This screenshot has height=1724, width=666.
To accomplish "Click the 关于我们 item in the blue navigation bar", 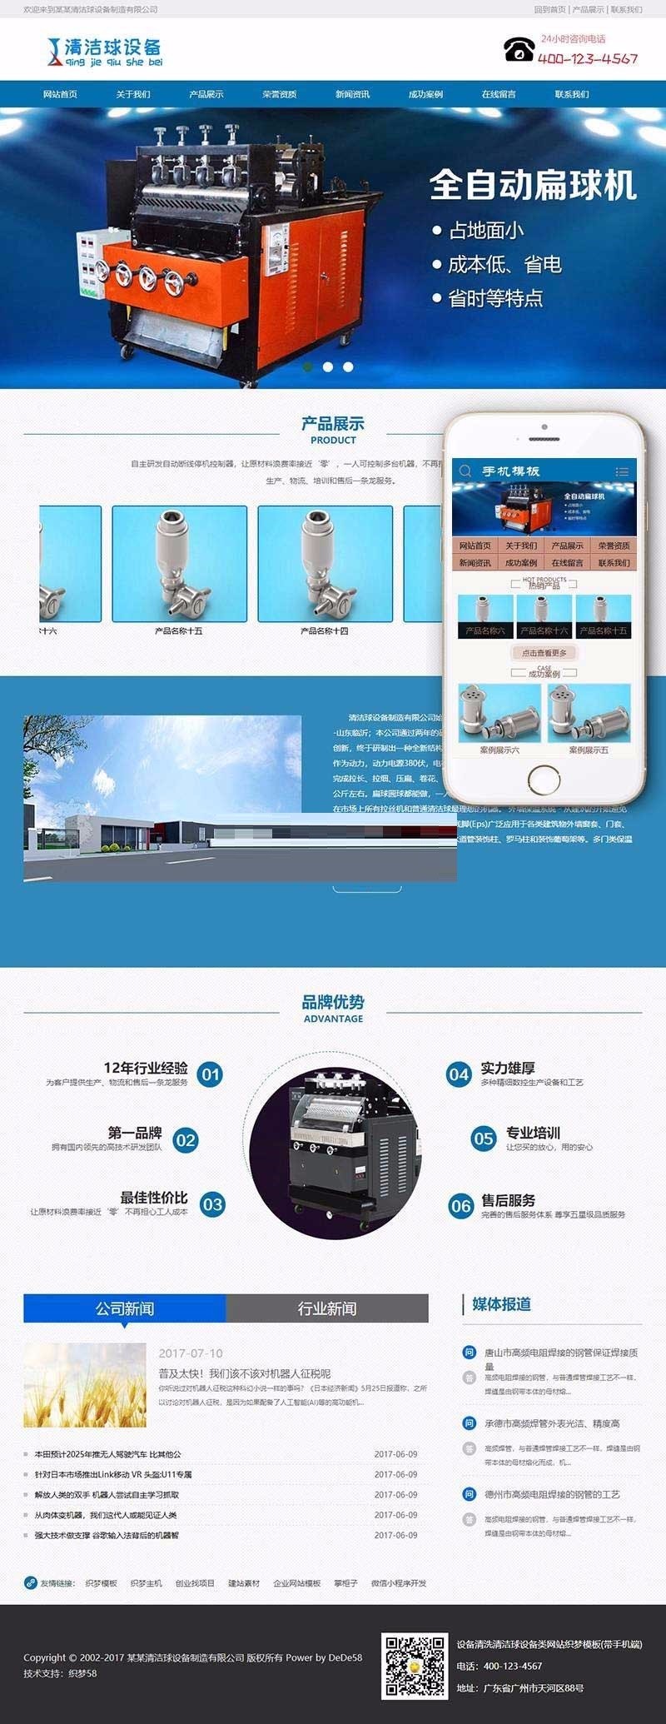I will (133, 94).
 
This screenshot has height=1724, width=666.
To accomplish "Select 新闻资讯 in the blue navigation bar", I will (352, 94).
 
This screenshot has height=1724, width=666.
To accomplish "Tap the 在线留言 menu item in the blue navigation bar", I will (499, 94).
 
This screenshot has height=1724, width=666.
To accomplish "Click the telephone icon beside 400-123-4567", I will (519, 49).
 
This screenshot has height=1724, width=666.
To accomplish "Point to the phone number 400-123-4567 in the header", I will (588, 59).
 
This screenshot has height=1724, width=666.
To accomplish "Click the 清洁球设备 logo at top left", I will (106, 52).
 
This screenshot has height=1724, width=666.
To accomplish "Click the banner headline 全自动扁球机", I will (533, 185).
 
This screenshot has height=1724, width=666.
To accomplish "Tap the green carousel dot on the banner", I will (308, 366).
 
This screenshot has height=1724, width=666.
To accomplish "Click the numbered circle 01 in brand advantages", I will (211, 1074).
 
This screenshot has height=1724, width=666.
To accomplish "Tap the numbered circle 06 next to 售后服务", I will (461, 1205).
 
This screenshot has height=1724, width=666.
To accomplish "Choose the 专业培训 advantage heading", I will (533, 1133).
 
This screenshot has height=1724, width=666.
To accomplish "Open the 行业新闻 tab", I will (327, 1308).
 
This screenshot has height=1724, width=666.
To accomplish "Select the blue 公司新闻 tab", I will (125, 1308).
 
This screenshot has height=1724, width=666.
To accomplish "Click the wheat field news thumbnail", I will (73, 1385).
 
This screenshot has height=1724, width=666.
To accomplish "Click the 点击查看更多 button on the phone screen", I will (544, 653).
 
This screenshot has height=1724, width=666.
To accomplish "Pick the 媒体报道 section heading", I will (501, 1304).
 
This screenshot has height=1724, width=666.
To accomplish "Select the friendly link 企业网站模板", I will (296, 1583).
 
